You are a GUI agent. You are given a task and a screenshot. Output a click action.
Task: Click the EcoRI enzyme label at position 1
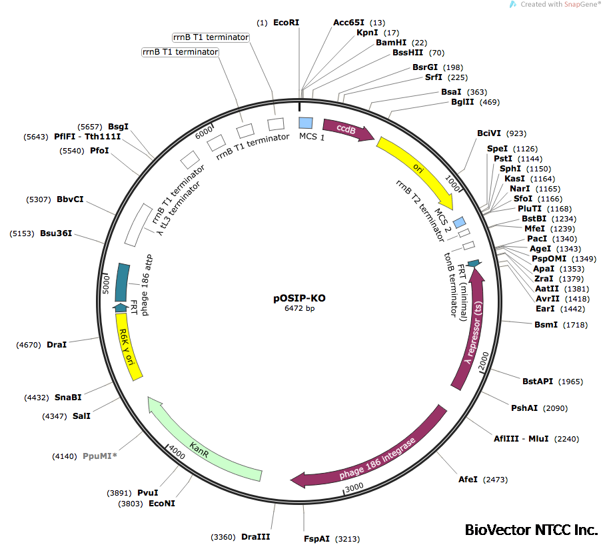pos(287,23)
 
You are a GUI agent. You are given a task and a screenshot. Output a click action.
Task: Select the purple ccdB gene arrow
pos(347,129)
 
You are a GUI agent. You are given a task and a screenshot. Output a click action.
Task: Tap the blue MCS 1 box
pos(306,123)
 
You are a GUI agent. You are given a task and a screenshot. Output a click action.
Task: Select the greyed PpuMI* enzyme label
pos(100,456)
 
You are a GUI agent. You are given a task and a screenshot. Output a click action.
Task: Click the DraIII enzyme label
pos(256,537)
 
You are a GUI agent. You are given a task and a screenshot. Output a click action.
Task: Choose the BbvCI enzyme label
pos(69,199)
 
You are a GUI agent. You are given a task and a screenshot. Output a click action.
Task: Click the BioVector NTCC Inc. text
pos(531,530)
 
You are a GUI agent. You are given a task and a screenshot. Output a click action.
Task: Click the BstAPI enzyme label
pos(538,382)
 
